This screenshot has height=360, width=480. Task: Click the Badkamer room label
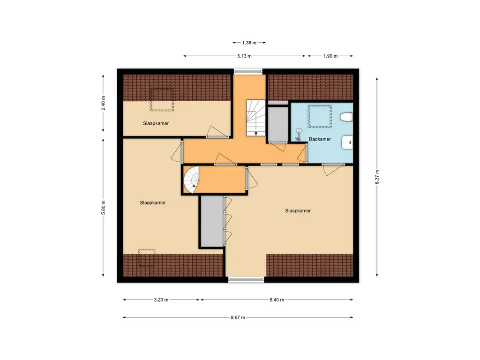click(320, 139)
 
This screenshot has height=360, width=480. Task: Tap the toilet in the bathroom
click(346, 117)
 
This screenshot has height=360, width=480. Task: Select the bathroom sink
click(347, 142)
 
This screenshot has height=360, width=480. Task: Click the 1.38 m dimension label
click(249, 43)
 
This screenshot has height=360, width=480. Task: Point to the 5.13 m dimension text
click(244, 56)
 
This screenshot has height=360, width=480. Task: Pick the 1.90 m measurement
click(330, 56)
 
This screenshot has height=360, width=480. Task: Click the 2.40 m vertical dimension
click(103, 103)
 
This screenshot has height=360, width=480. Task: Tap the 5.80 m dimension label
click(103, 208)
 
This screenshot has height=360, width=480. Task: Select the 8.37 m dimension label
click(377, 177)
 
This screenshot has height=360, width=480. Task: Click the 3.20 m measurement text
click(161, 300)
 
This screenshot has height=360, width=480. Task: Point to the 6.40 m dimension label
click(277, 300)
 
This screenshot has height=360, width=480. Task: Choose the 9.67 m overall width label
click(238, 317)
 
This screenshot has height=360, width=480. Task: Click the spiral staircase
click(191, 180)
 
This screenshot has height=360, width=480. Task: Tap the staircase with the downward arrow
click(255, 118)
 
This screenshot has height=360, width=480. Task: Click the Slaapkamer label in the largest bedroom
click(298, 210)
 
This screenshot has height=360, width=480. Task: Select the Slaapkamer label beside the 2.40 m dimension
click(156, 123)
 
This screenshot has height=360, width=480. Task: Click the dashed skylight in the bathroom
click(320, 116)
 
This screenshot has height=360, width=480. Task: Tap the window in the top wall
click(248, 72)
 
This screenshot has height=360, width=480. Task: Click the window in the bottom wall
click(246, 280)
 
